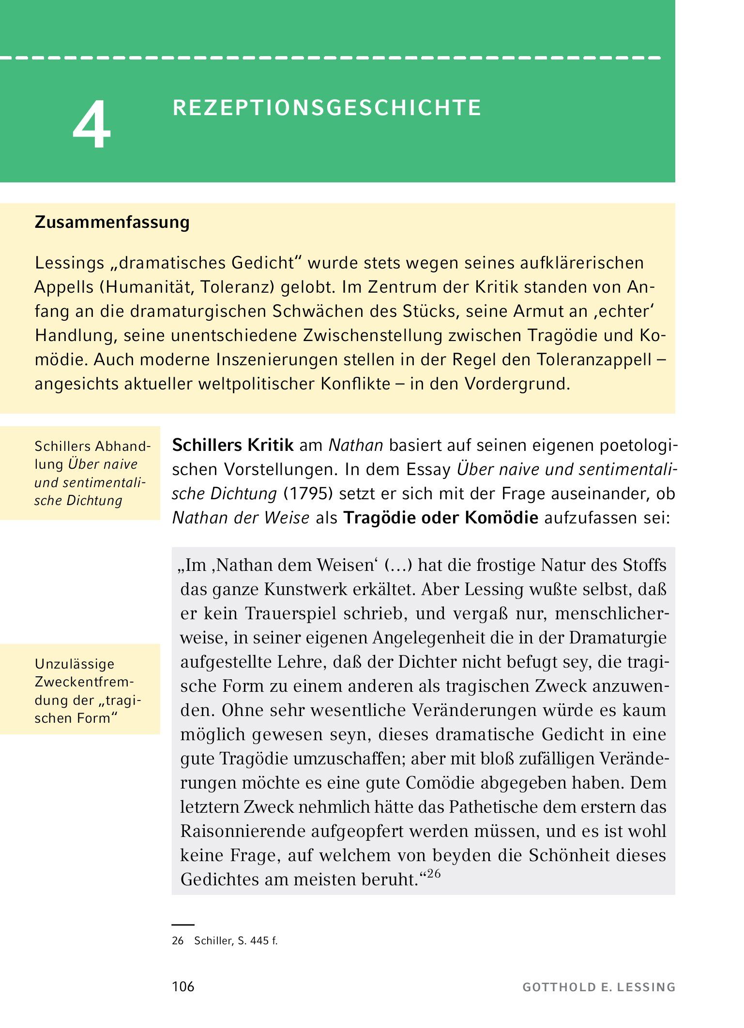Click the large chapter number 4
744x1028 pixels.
click(92, 125)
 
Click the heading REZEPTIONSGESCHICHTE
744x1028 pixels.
click(327, 108)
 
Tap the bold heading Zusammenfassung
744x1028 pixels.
click(112, 222)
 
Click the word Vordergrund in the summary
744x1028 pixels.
click(517, 384)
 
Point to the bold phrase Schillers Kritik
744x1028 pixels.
click(233, 445)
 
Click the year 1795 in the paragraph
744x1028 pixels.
click(308, 493)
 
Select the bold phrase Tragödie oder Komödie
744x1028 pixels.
click(440, 518)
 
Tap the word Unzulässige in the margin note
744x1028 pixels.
click(75, 664)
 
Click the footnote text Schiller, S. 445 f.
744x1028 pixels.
click(236, 940)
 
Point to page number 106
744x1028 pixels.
click(183, 986)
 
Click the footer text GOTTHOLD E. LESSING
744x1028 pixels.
click(599, 987)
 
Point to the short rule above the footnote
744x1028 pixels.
click(183, 924)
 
